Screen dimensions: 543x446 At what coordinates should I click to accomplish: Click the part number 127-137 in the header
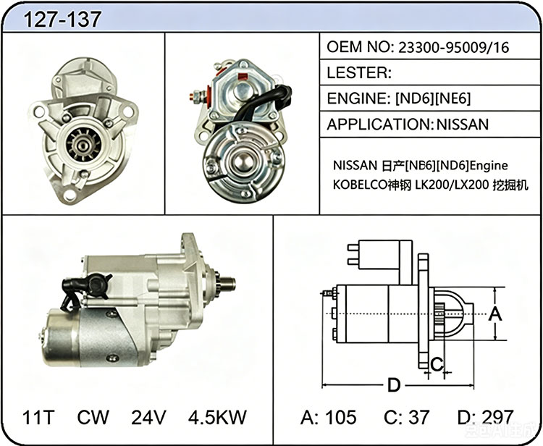(x=62, y=20)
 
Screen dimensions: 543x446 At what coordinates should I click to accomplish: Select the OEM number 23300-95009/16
(x=454, y=47)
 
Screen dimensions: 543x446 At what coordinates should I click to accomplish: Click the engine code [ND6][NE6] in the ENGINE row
(x=433, y=98)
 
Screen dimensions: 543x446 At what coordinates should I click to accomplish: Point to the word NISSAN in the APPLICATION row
(x=463, y=125)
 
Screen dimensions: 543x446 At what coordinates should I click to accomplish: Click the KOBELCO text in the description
(x=359, y=185)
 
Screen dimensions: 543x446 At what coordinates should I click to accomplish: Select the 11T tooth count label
(x=38, y=417)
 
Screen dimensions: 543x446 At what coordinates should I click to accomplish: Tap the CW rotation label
(x=93, y=417)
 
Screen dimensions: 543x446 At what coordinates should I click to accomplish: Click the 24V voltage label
(x=148, y=417)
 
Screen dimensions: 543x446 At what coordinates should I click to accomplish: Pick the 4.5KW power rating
(x=217, y=417)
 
